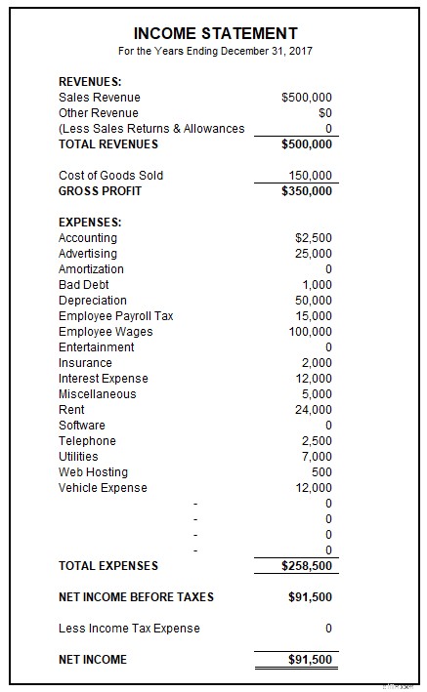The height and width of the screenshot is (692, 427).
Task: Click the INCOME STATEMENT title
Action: pos(215,33)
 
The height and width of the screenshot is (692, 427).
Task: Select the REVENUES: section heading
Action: pos(89,82)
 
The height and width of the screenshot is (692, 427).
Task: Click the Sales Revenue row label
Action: pos(99,98)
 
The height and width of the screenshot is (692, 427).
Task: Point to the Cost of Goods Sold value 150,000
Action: pos(310,176)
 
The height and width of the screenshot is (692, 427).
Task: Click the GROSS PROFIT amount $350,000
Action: pos(306,191)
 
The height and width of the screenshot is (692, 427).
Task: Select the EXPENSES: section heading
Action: pos(90,223)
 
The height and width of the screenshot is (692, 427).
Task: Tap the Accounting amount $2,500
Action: pos(313,238)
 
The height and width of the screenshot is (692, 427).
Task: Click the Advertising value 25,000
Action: pos(314,254)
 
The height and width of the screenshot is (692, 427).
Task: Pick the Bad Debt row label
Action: pos(84,285)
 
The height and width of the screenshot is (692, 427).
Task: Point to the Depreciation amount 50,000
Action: pos(314,301)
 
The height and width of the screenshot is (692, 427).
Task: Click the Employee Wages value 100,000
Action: pos(310,332)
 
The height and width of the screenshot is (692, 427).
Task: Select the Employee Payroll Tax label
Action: pos(115,316)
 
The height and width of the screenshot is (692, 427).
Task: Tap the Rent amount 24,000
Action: pos(314,410)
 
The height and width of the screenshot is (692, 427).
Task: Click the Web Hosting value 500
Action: pos(321,472)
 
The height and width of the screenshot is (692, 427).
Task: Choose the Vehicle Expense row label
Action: pos(103,488)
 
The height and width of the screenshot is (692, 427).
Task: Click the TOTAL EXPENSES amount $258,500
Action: pos(306,566)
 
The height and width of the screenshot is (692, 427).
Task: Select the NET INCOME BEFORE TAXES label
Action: pos(136,597)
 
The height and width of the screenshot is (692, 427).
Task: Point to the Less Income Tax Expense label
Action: pos(129,629)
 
